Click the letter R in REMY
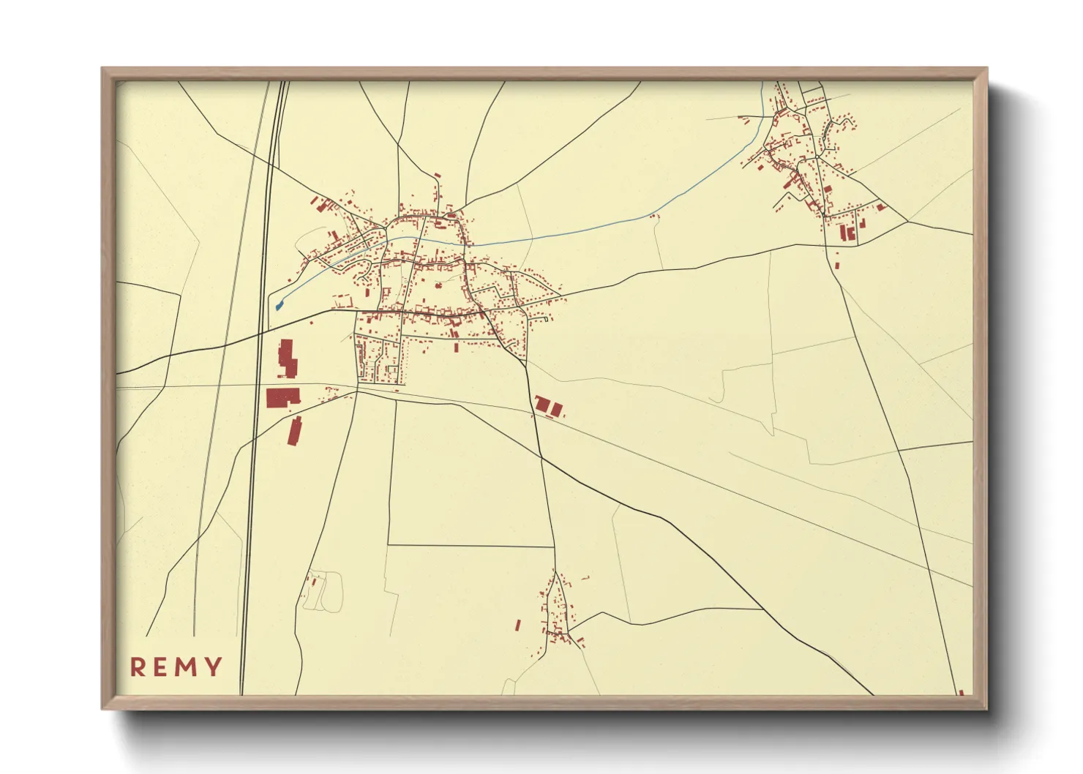137,666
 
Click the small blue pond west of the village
279,305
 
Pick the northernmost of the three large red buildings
287,358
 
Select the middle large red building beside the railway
282,397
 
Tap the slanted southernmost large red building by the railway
295,431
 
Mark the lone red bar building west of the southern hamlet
518,625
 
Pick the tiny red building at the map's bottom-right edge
961,692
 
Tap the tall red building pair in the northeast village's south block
847,233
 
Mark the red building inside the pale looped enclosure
315,582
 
